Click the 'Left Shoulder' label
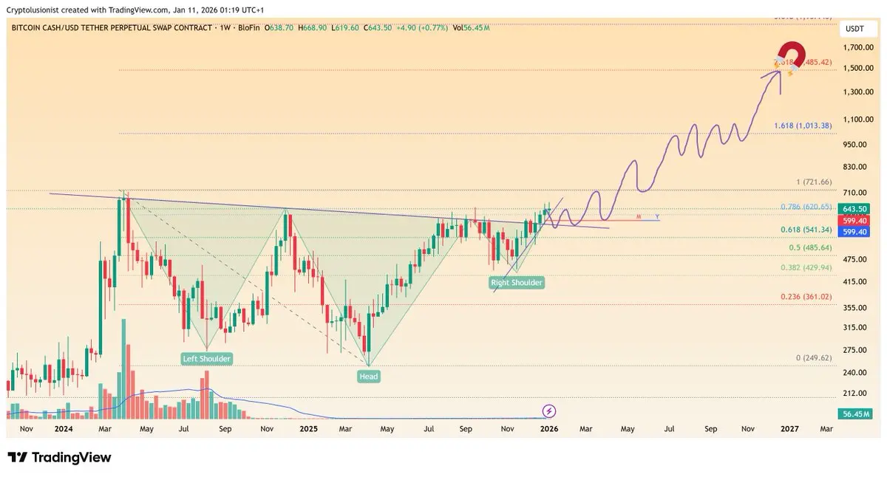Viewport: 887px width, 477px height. coord(207,359)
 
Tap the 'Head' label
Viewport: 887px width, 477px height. coord(369,377)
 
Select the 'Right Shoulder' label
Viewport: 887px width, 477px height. coord(517,282)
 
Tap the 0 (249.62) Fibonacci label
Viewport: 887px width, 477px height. coord(813,357)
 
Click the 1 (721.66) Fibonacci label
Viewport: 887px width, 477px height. coord(814,182)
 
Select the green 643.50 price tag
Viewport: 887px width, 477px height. coord(857,210)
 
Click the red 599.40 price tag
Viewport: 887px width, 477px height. coord(857,221)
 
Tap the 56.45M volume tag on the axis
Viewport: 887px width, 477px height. coord(857,414)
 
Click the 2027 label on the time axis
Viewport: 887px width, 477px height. coord(790,428)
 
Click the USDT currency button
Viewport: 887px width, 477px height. coord(856,29)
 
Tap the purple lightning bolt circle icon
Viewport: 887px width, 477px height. coord(549,411)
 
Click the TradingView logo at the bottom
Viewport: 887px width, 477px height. coord(59,458)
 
